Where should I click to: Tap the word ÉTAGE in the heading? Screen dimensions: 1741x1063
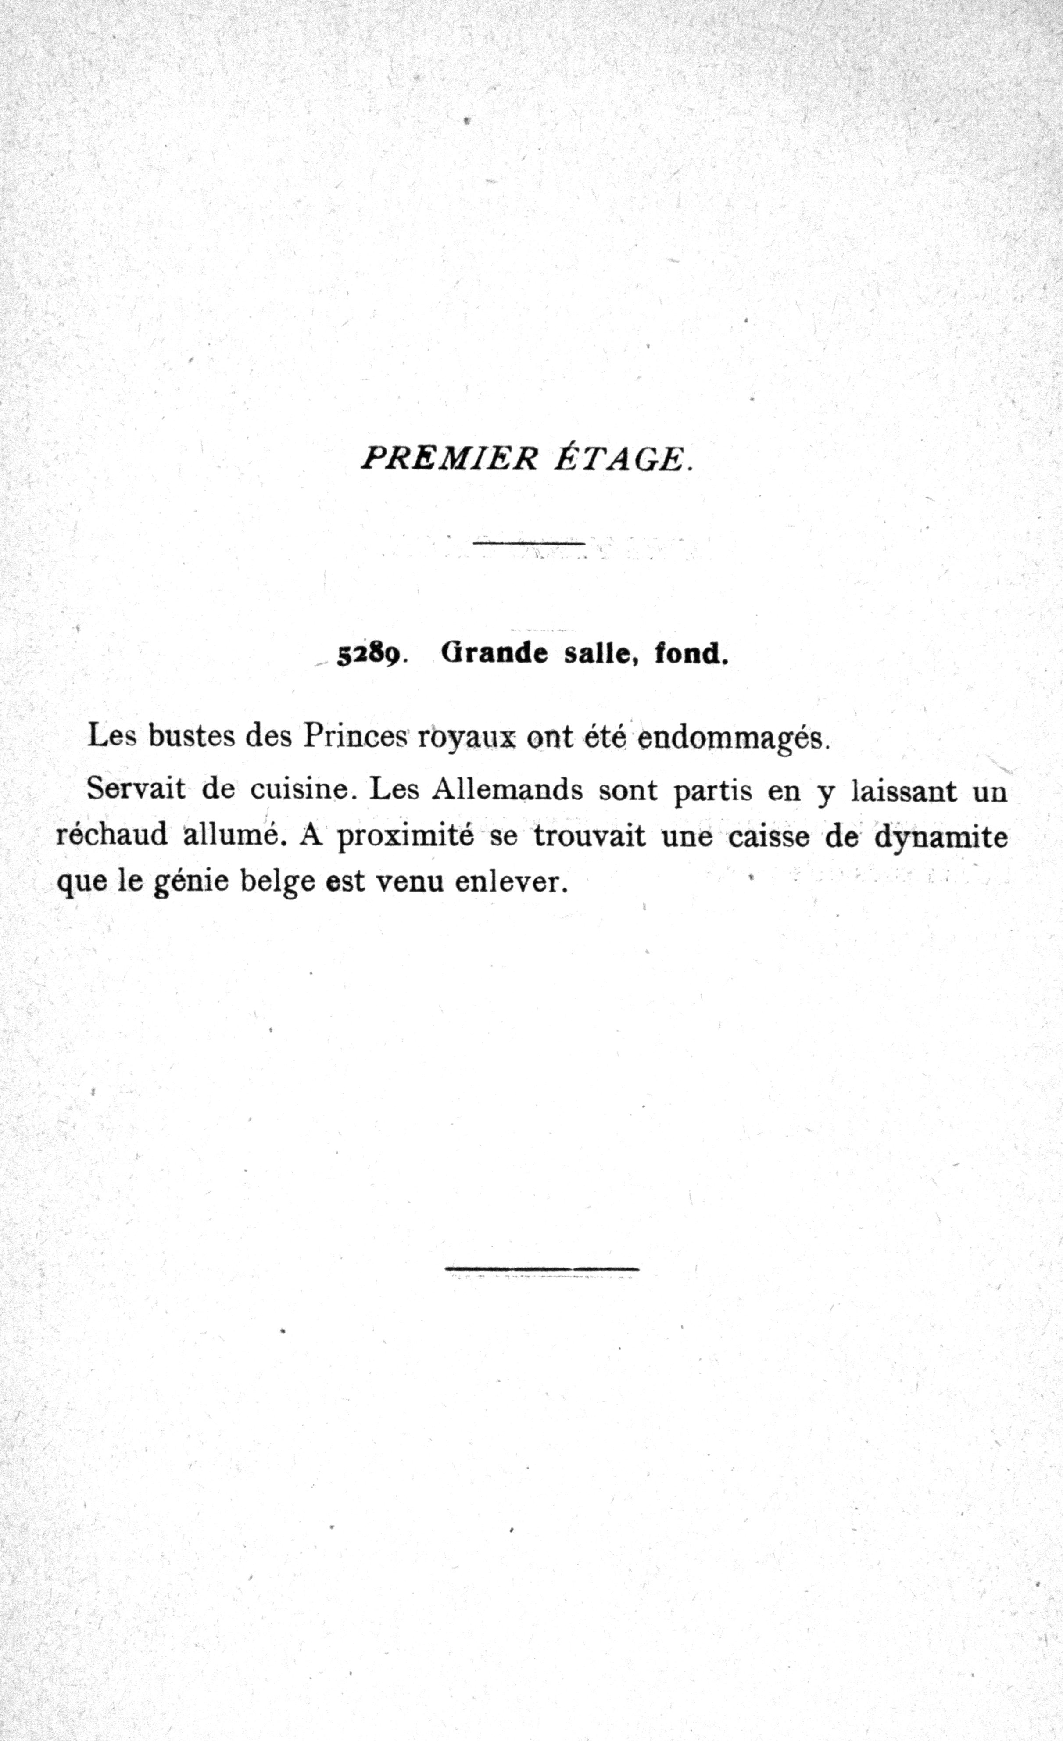click(619, 459)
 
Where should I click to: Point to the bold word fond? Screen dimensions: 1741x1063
click(691, 654)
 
